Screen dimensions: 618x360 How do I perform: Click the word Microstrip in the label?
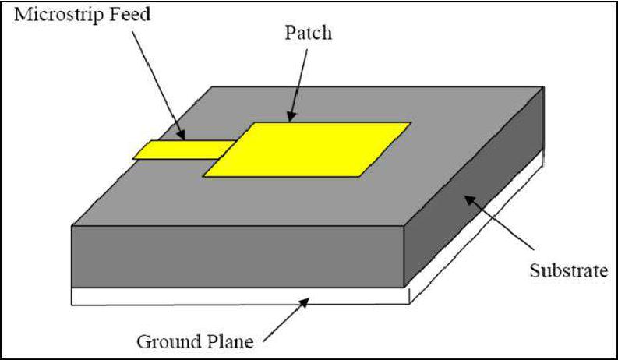click(x=58, y=16)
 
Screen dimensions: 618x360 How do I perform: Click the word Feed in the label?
click(x=129, y=15)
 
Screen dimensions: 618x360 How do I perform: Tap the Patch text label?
click(x=308, y=33)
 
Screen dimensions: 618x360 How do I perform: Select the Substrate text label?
click(x=569, y=270)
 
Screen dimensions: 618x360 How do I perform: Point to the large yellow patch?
click(x=307, y=150)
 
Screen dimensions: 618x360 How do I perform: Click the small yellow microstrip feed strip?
click(x=184, y=150)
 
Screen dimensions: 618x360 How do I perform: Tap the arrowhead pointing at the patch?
click(x=291, y=115)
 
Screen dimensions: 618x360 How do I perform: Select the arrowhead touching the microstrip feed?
click(x=180, y=134)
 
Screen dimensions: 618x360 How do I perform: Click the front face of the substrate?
click(x=238, y=256)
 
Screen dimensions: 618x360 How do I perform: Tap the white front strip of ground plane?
click(x=241, y=296)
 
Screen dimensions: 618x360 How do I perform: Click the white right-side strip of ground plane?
click(x=477, y=227)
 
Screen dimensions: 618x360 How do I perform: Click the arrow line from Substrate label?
click(x=499, y=223)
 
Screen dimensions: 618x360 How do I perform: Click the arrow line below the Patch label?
click(x=298, y=86)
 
